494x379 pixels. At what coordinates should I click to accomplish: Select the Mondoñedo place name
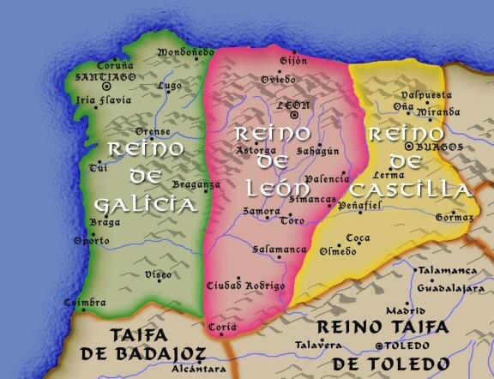click(185, 53)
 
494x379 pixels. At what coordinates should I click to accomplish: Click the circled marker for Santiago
click(107, 86)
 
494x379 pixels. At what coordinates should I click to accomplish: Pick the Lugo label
click(170, 86)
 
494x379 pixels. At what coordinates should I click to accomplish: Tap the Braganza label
click(196, 183)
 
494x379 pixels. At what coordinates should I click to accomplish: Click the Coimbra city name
click(86, 303)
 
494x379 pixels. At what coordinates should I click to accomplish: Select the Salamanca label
click(280, 249)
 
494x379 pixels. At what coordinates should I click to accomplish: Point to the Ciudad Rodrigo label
click(246, 285)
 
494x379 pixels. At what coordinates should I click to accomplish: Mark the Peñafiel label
click(358, 207)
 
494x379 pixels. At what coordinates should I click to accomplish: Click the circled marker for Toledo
click(381, 346)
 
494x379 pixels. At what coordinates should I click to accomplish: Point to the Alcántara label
click(199, 369)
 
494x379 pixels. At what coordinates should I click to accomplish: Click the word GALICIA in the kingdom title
click(146, 204)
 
